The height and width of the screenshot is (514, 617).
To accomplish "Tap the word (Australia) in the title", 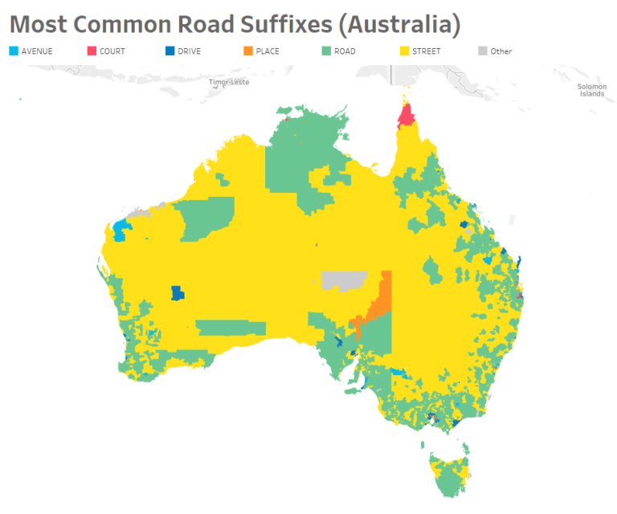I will [398, 24].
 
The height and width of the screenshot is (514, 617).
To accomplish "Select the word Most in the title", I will [41, 24].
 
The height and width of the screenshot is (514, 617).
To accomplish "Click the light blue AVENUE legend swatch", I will [14, 51].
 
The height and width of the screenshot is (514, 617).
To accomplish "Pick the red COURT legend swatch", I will [92, 51].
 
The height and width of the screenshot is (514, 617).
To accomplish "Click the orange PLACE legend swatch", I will [247, 51].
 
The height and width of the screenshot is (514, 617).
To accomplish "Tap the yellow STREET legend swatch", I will [403, 51].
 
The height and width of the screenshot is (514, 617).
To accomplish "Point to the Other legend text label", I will [501, 51].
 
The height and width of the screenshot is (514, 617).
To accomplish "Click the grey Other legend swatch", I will [482, 51].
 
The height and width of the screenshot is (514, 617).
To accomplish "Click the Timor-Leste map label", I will [229, 83].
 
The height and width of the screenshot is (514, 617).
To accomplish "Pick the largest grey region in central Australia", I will [344, 280].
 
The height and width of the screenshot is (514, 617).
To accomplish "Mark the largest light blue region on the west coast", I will [122, 230].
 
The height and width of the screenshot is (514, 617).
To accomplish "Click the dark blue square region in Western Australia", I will [178, 292].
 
